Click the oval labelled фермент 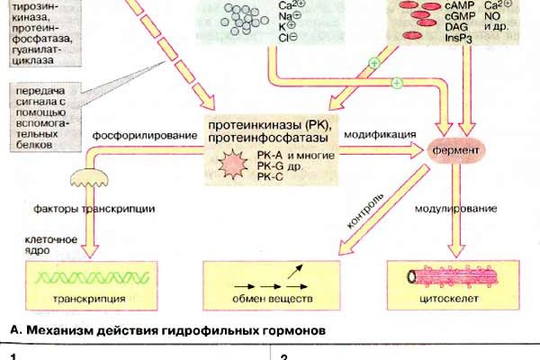[x=463, y=147]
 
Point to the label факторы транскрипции [x=106, y=209]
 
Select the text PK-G [x=270, y=166]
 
